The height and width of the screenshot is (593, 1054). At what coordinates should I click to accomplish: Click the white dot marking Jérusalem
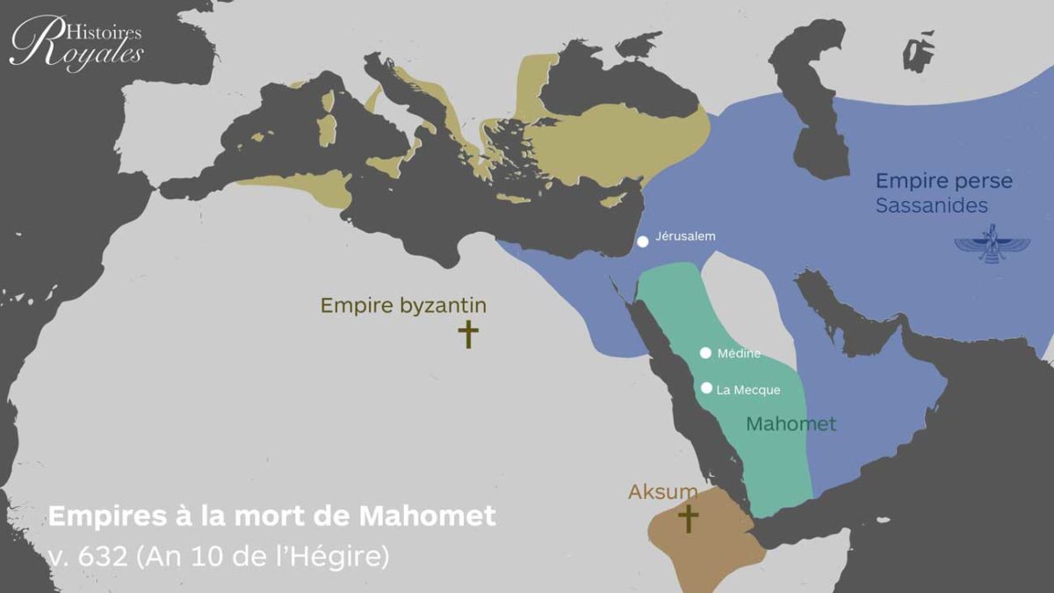[x=643, y=242]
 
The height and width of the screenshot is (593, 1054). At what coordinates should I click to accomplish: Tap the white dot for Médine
[x=705, y=353]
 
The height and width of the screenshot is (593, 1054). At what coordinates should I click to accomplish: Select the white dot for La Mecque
[x=705, y=387]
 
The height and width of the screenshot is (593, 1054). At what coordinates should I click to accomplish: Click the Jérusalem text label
[x=685, y=236]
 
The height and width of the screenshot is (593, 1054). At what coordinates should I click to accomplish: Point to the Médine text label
[x=739, y=354]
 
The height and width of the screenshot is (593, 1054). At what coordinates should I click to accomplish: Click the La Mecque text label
[x=748, y=390]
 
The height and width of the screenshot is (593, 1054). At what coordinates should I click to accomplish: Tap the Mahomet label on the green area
[x=790, y=424]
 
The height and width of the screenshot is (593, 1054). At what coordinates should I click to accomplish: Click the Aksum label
[x=662, y=492]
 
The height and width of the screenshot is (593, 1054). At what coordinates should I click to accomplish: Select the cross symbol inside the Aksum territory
[x=688, y=518]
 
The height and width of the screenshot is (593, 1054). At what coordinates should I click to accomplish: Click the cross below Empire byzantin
[x=469, y=334]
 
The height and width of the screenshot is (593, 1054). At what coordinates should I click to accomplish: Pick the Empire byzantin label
[x=403, y=306]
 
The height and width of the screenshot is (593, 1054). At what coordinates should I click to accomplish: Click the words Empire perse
[x=943, y=182]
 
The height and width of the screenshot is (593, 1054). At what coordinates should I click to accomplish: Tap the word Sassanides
[x=931, y=206]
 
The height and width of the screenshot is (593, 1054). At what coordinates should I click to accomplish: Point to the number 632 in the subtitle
[x=104, y=557]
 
